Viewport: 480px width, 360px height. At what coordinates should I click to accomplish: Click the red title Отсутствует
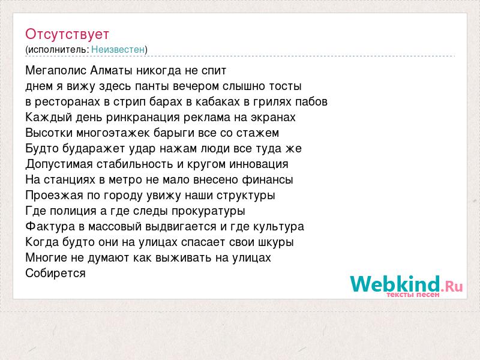[x=67, y=34]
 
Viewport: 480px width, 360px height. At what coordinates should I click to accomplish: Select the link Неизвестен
[x=118, y=49]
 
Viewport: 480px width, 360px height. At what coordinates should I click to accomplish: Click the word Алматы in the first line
[x=111, y=70]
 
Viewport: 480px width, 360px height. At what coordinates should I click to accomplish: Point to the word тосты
[x=286, y=86]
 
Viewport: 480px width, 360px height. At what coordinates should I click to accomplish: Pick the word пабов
[x=311, y=101]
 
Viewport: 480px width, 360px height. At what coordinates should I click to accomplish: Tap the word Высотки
[x=49, y=133]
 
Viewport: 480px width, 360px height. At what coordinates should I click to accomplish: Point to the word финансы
[x=267, y=179]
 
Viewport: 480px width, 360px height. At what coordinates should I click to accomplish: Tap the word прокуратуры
[x=208, y=211]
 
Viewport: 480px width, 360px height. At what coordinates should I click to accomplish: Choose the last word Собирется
[x=55, y=273]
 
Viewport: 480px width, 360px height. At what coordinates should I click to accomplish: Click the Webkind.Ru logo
[x=406, y=284]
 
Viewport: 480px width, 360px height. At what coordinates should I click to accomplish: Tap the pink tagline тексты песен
[x=413, y=295]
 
